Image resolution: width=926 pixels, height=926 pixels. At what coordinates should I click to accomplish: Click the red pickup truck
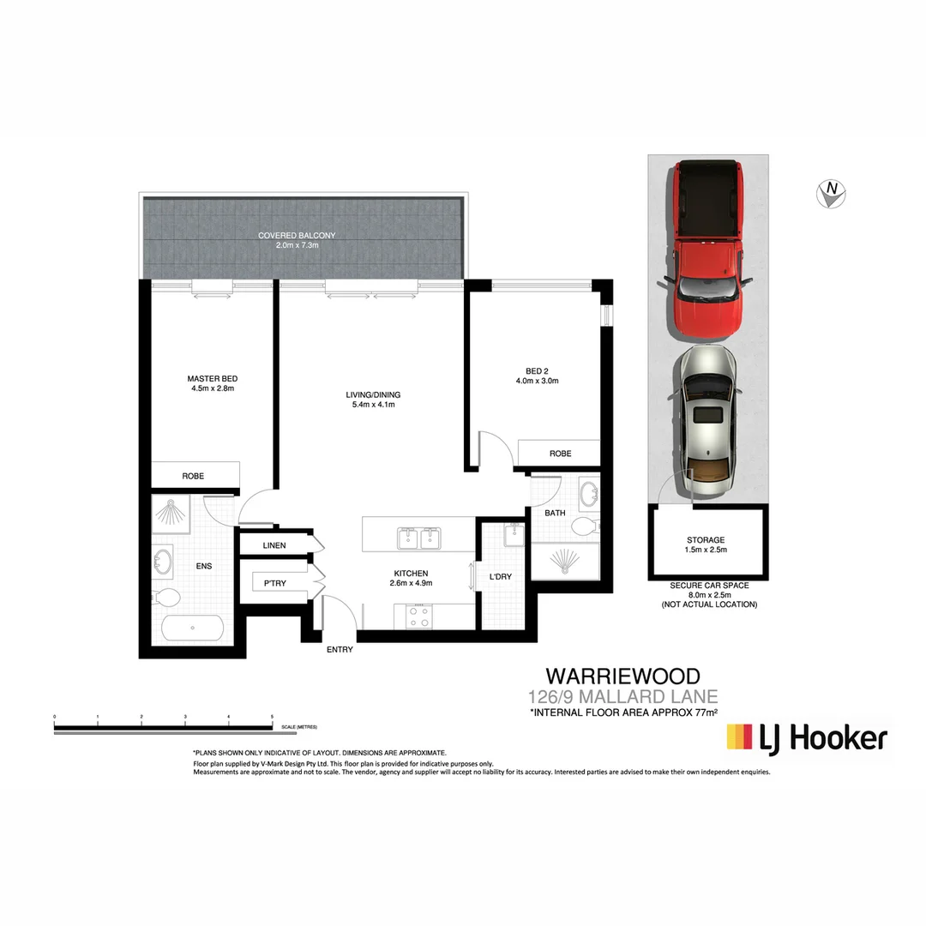tap(707, 249)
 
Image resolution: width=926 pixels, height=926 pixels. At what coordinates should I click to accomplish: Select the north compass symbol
tap(831, 195)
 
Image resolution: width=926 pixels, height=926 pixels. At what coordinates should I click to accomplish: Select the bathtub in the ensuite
tap(192, 628)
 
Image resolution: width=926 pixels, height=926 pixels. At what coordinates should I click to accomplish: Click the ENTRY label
tap(340, 650)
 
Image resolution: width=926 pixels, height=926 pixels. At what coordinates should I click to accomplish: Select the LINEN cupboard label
tap(274, 545)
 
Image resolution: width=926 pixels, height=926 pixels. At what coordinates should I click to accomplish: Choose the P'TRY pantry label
tap(274, 583)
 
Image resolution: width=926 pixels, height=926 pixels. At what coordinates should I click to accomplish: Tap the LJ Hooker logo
tap(806, 738)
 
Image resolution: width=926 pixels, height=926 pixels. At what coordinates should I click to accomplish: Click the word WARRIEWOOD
tap(623, 676)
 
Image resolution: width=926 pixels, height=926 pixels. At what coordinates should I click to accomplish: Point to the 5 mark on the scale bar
tap(272, 715)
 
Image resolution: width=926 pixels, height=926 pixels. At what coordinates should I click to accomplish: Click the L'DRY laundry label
tap(500, 577)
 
